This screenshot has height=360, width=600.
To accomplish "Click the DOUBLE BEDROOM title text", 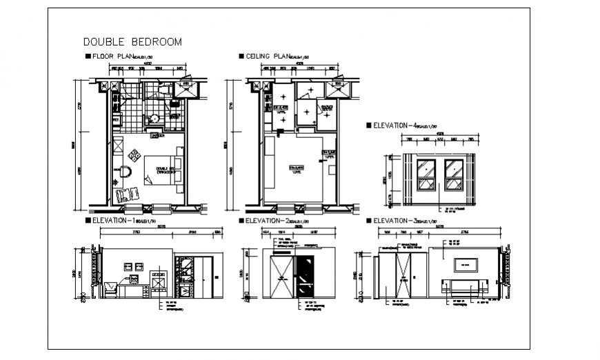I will [132, 42].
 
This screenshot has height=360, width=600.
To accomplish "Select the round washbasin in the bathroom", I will [156, 119].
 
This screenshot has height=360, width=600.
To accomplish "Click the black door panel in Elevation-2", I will [303, 277].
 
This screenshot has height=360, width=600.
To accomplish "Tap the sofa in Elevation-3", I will [468, 286].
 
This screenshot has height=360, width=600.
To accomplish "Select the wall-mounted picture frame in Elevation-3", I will [466, 263].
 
